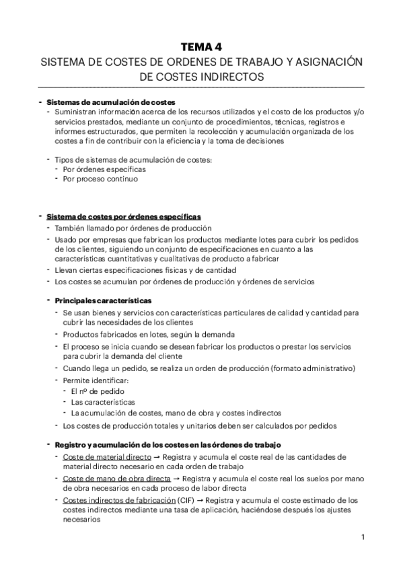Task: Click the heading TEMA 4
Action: pyautogui.click(x=201, y=46)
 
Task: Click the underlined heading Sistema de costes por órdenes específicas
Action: pyautogui.click(x=122, y=216)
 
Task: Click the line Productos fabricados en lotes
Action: pyautogui.click(x=148, y=334)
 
